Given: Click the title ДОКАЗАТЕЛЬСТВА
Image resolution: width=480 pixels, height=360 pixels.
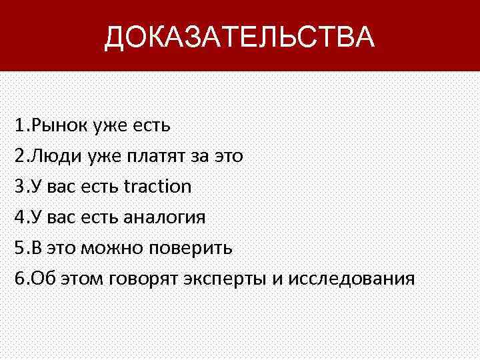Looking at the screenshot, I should point(239,37).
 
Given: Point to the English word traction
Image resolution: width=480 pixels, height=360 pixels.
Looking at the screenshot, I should point(157,186).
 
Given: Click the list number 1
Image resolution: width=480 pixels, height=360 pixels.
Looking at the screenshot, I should point(17,125).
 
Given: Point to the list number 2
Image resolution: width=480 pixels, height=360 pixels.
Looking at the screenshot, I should point(17,156).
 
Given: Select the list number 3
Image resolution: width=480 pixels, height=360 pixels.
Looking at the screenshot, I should point(17,186).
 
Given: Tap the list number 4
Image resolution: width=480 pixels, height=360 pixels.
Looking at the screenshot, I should point(17,217).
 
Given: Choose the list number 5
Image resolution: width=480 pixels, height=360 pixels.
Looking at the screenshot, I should point(17,248).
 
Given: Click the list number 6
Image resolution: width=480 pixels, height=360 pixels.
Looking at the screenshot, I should point(17,279).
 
